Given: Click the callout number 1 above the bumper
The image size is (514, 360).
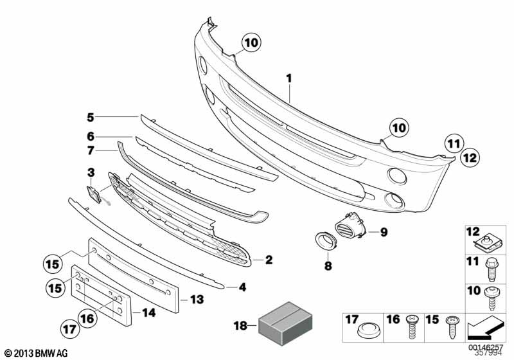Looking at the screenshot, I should click(x=289, y=78).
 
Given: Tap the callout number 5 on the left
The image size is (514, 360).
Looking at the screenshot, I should click(x=91, y=117).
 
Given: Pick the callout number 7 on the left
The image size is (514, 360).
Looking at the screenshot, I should click(x=91, y=151).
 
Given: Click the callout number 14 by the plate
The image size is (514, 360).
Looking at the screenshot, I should click(x=148, y=314).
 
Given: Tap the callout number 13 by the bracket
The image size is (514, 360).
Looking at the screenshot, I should click(x=197, y=299).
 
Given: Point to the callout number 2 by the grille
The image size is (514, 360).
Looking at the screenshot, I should click(x=269, y=260).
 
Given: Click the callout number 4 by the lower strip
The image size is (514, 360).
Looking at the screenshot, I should click(x=242, y=287).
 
